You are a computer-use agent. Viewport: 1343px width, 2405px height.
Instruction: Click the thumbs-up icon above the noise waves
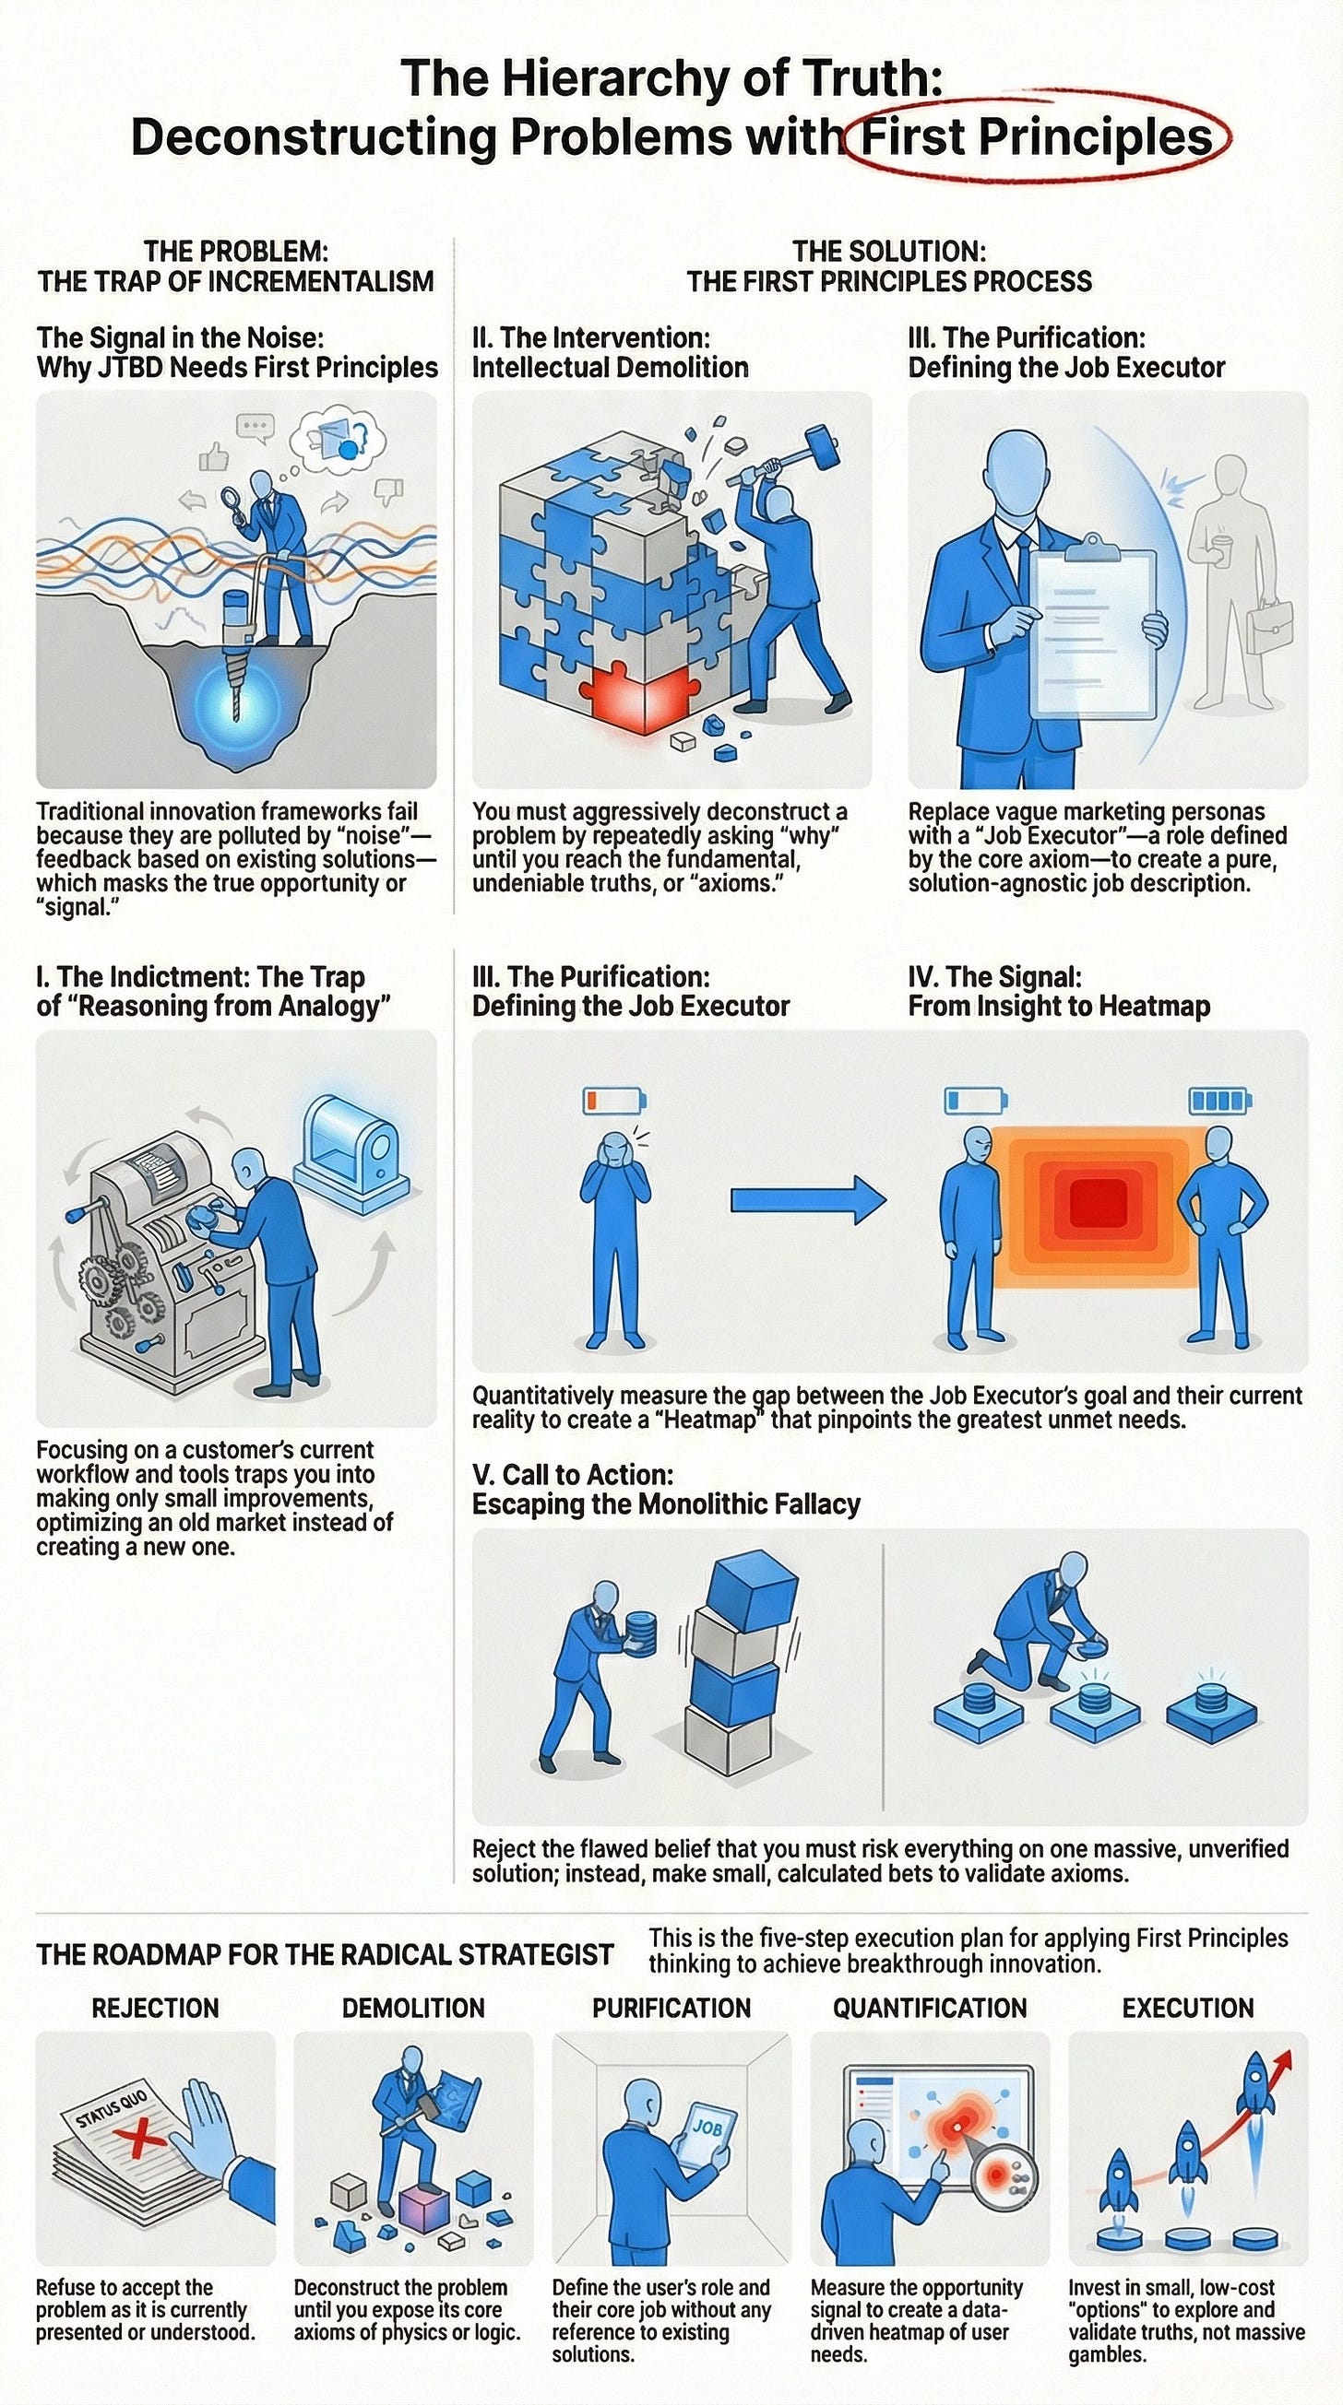tap(215, 456)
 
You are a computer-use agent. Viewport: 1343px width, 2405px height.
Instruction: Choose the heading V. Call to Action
tap(572, 1474)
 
